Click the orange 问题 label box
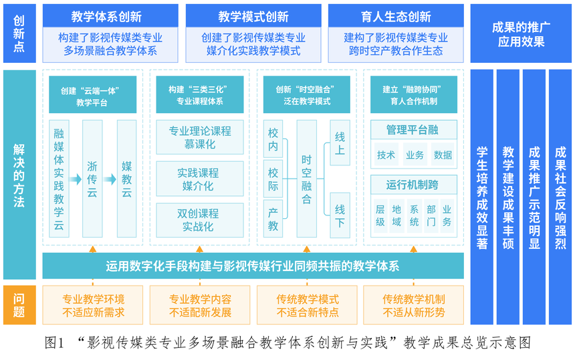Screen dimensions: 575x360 [x=19, y=305]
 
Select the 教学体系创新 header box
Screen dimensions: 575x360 [x=110, y=16]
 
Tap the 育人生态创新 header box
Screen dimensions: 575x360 [x=396, y=16]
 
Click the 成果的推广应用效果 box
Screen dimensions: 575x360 [x=521, y=33]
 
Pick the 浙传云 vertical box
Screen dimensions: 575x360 [x=92, y=179]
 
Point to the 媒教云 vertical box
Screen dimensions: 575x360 [x=126, y=179]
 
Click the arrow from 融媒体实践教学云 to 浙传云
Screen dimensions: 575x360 [x=76, y=179]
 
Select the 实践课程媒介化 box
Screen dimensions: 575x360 [x=199, y=179]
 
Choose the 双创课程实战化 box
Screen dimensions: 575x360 [x=199, y=220]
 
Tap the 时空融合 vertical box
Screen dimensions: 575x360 [x=307, y=179]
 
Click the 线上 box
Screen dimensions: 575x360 [x=340, y=143]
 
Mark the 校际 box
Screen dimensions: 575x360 [x=273, y=179]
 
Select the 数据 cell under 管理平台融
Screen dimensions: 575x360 [x=443, y=155]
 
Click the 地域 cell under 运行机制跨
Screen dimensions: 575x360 [x=396, y=215]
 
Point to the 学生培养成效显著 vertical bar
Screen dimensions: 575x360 [x=482, y=197]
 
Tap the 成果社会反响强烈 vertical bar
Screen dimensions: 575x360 [x=560, y=197]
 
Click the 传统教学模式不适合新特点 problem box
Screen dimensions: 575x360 [x=307, y=305]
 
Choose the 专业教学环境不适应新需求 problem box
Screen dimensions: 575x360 [x=93, y=305]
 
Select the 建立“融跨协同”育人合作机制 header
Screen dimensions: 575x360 [x=414, y=94]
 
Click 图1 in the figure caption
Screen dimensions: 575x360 [x=54, y=343]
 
